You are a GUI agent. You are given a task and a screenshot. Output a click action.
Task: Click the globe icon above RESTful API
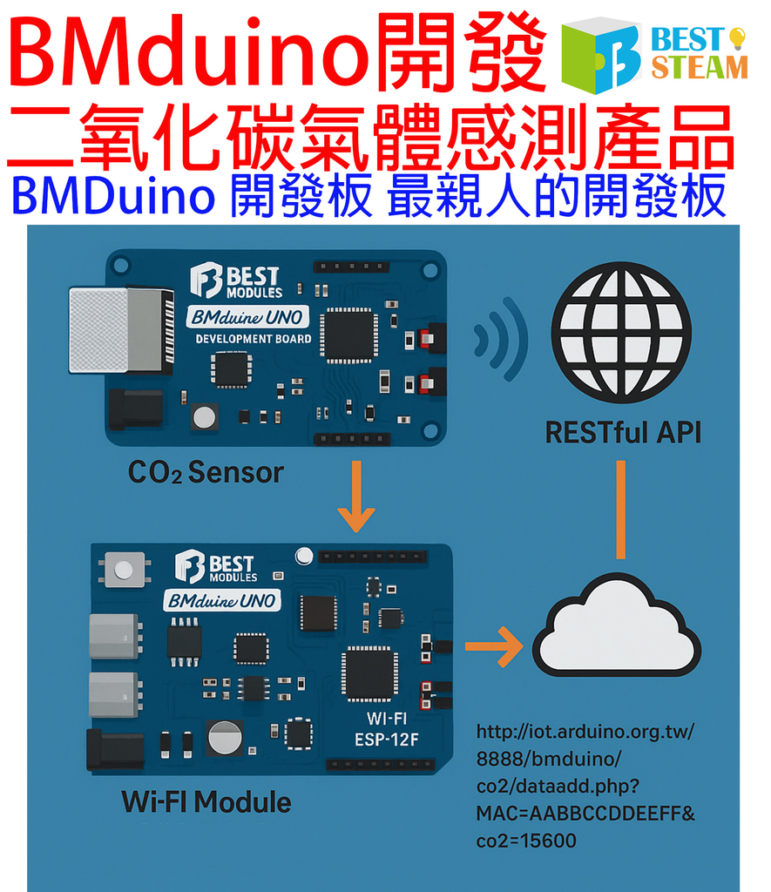pyautogui.click(x=621, y=332)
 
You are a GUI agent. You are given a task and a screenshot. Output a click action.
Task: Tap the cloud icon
pyautogui.click(x=617, y=629)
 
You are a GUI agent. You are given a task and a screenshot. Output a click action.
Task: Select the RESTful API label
pyautogui.click(x=622, y=432)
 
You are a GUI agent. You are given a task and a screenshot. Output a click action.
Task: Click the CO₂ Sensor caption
pyautogui.click(x=206, y=473)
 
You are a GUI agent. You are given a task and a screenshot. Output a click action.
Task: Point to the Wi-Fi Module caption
pyautogui.click(x=206, y=801)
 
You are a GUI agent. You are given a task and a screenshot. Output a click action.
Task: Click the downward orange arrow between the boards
pyautogui.click(x=355, y=496)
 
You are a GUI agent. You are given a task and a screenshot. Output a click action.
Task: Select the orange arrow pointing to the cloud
pyautogui.click(x=493, y=646)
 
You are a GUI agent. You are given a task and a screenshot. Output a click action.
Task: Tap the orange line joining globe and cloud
pyautogui.click(x=621, y=509)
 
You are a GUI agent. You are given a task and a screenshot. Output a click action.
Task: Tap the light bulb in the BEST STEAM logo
pyautogui.click(x=737, y=37)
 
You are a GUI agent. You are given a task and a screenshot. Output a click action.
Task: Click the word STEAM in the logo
pyautogui.click(x=700, y=67)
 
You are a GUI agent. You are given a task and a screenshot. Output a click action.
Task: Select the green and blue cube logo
pyautogui.click(x=601, y=55)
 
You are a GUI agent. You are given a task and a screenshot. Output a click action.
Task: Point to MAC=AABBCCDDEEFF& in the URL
pyautogui.click(x=585, y=814)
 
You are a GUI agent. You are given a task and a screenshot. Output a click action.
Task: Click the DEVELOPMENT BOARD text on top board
pyautogui.click(x=253, y=339)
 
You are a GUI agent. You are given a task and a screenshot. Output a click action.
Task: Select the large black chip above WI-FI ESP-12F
pyautogui.click(x=369, y=673)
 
